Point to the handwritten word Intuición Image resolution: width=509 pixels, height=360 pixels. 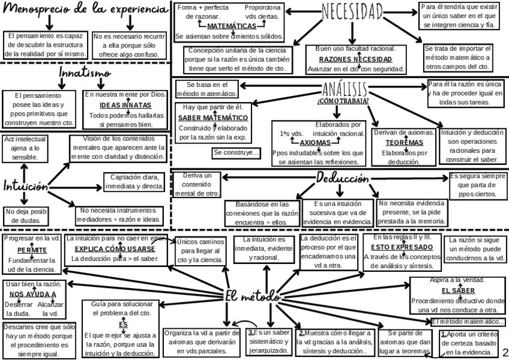tap(25, 185)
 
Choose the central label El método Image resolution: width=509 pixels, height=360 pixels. tap(252, 296)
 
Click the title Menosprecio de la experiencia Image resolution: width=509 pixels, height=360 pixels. tap(84, 10)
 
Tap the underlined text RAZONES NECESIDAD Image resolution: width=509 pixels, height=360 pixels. tap(355, 59)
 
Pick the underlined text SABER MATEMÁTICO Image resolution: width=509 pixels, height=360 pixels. tap(213, 117)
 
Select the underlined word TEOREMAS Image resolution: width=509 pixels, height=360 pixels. tap(403, 143)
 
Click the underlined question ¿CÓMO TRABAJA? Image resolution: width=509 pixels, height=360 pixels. tap(343, 101)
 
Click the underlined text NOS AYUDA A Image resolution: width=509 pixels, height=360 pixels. tap(33, 294)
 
